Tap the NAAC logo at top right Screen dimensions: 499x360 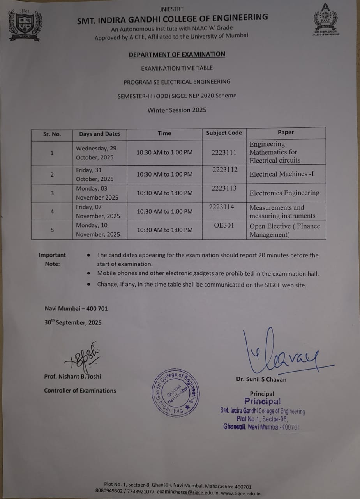pyautogui.click(x=325, y=19)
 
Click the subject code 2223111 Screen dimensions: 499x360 pyautogui.click(x=224, y=152)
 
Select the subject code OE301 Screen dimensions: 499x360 pyautogui.click(x=224, y=225)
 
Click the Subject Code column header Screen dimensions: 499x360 pyautogui.click(x=224, y=133)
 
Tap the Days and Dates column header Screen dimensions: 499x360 pyautogui.click(x=100, y=134)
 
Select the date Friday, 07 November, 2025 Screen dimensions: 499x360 pyautogui.click(x=98, y=211)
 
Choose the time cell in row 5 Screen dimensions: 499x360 pyautogui.click(x=164, y=230)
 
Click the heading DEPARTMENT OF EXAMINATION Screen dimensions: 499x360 pyautogui.click(x=177, y=55)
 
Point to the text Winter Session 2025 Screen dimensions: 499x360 pyautogui.click(x=177, y=110)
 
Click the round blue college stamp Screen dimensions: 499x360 pyautogui.click(x=175, y=393)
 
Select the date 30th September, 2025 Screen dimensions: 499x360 pyautogui.click(x=73, y=322)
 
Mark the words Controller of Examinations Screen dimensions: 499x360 pyautogui.click(x=80, y=391)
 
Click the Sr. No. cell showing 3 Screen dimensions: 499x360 pyautogui.click(x=52, y=193)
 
